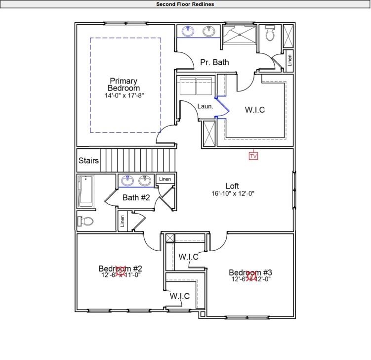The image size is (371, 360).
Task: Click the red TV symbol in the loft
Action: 253,156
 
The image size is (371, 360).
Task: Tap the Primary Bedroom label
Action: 124,85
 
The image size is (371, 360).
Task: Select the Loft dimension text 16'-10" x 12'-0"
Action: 232,194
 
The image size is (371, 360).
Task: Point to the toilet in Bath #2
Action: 85,221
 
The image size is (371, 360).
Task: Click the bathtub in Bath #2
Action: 86,192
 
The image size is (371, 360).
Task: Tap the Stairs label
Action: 89,161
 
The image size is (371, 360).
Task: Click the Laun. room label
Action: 205,106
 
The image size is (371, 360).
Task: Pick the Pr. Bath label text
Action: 214,62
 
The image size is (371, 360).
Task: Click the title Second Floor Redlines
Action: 185,4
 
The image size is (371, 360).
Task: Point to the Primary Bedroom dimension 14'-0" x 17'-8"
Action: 124,95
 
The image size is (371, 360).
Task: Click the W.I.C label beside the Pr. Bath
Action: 255,110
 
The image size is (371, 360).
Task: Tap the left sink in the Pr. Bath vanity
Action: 188,32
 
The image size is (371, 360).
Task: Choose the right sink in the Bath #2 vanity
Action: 145,181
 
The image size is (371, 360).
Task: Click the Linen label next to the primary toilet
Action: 289,60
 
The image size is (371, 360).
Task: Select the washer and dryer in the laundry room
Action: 196,86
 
